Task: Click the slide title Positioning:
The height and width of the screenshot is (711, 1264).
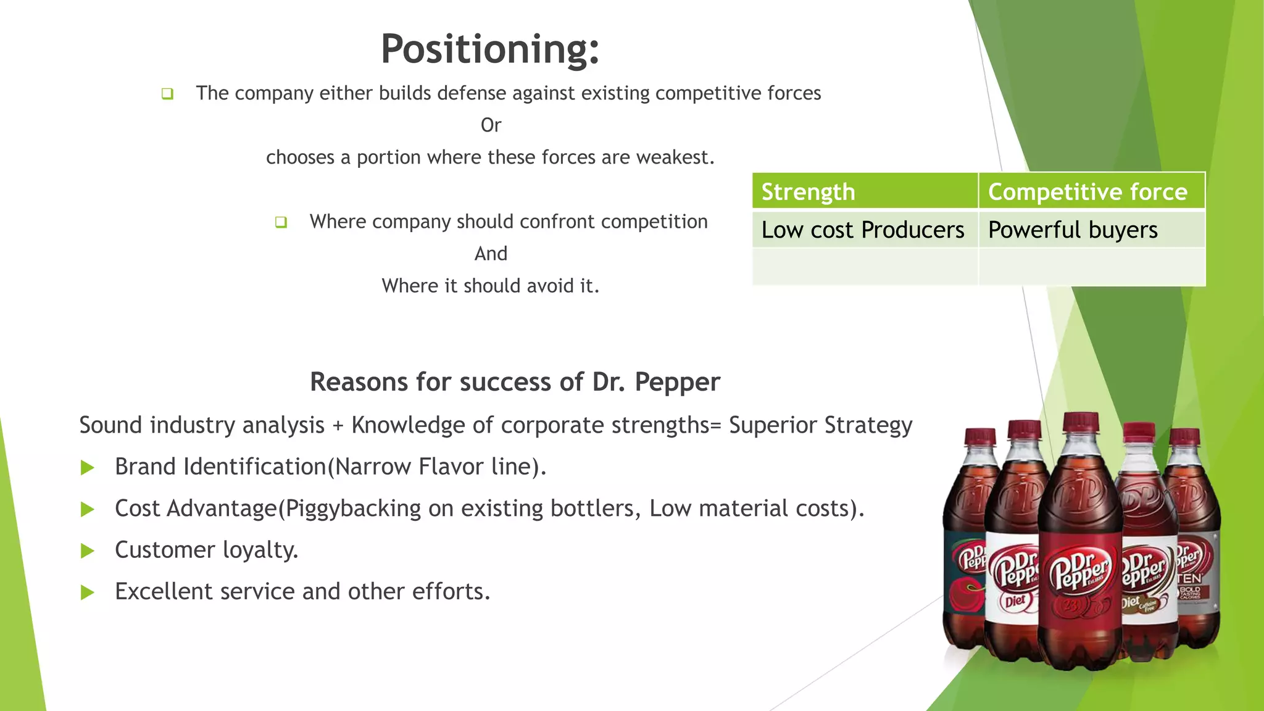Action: point(490,49)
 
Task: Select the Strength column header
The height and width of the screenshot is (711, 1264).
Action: point(807,192)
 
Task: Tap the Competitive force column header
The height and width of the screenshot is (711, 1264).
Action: point(1087,192)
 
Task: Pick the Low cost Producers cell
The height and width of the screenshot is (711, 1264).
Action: point(862,230)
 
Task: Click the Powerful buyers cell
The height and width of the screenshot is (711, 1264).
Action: point(1073,230)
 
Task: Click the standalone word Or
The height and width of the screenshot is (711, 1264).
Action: point(491,125)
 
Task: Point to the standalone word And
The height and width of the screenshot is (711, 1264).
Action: point(491,254)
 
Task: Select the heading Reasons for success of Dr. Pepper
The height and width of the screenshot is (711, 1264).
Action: point(515,382)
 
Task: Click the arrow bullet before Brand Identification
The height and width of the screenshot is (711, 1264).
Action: point(88,468)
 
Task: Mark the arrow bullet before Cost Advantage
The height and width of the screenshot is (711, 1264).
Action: point(88,510)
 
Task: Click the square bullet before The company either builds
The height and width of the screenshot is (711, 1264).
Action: point(167,94)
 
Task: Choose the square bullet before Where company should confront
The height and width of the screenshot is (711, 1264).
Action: point(281,222)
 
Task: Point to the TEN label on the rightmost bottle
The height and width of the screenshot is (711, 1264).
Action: point(1189,578)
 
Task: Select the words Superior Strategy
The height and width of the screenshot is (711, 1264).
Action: point(820,425)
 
